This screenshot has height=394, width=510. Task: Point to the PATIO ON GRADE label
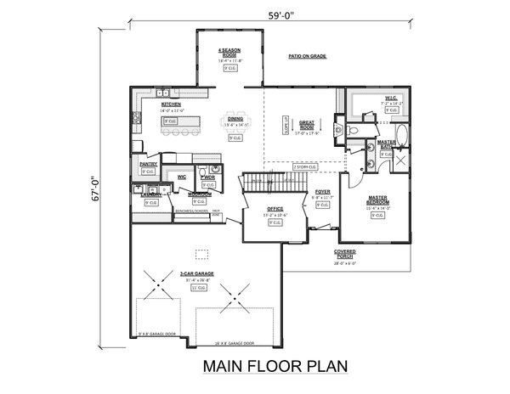click(307, 57)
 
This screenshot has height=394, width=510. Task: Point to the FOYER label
click(322, 193)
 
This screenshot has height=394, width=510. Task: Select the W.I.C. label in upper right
click(390, 96)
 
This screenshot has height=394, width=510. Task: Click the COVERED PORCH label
click(344, 254)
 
